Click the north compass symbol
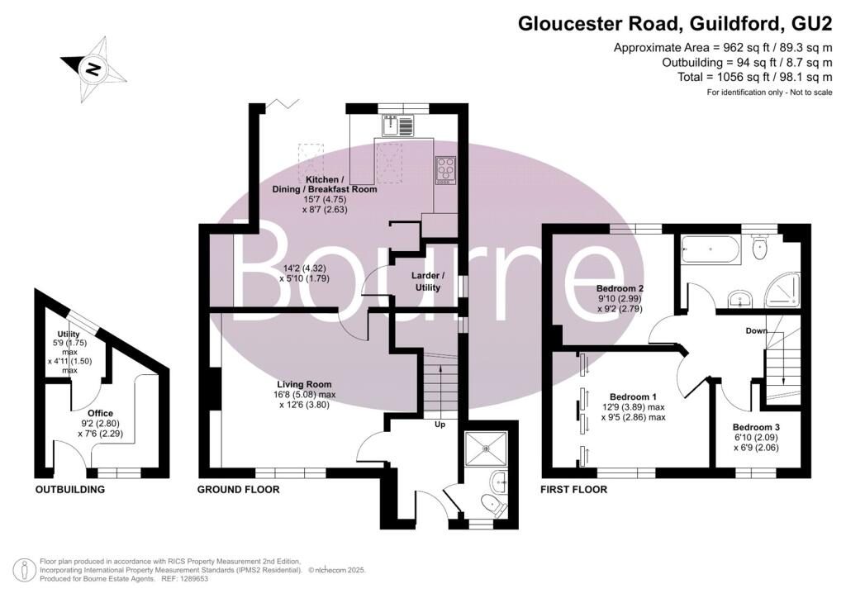tap(93, 69)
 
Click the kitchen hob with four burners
tap(446, 168)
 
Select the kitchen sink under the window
tap(397, 126)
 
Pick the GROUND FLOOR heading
tap(238, 490)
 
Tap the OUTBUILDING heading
tap(69, 490)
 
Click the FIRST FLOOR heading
tap(573, 490)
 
